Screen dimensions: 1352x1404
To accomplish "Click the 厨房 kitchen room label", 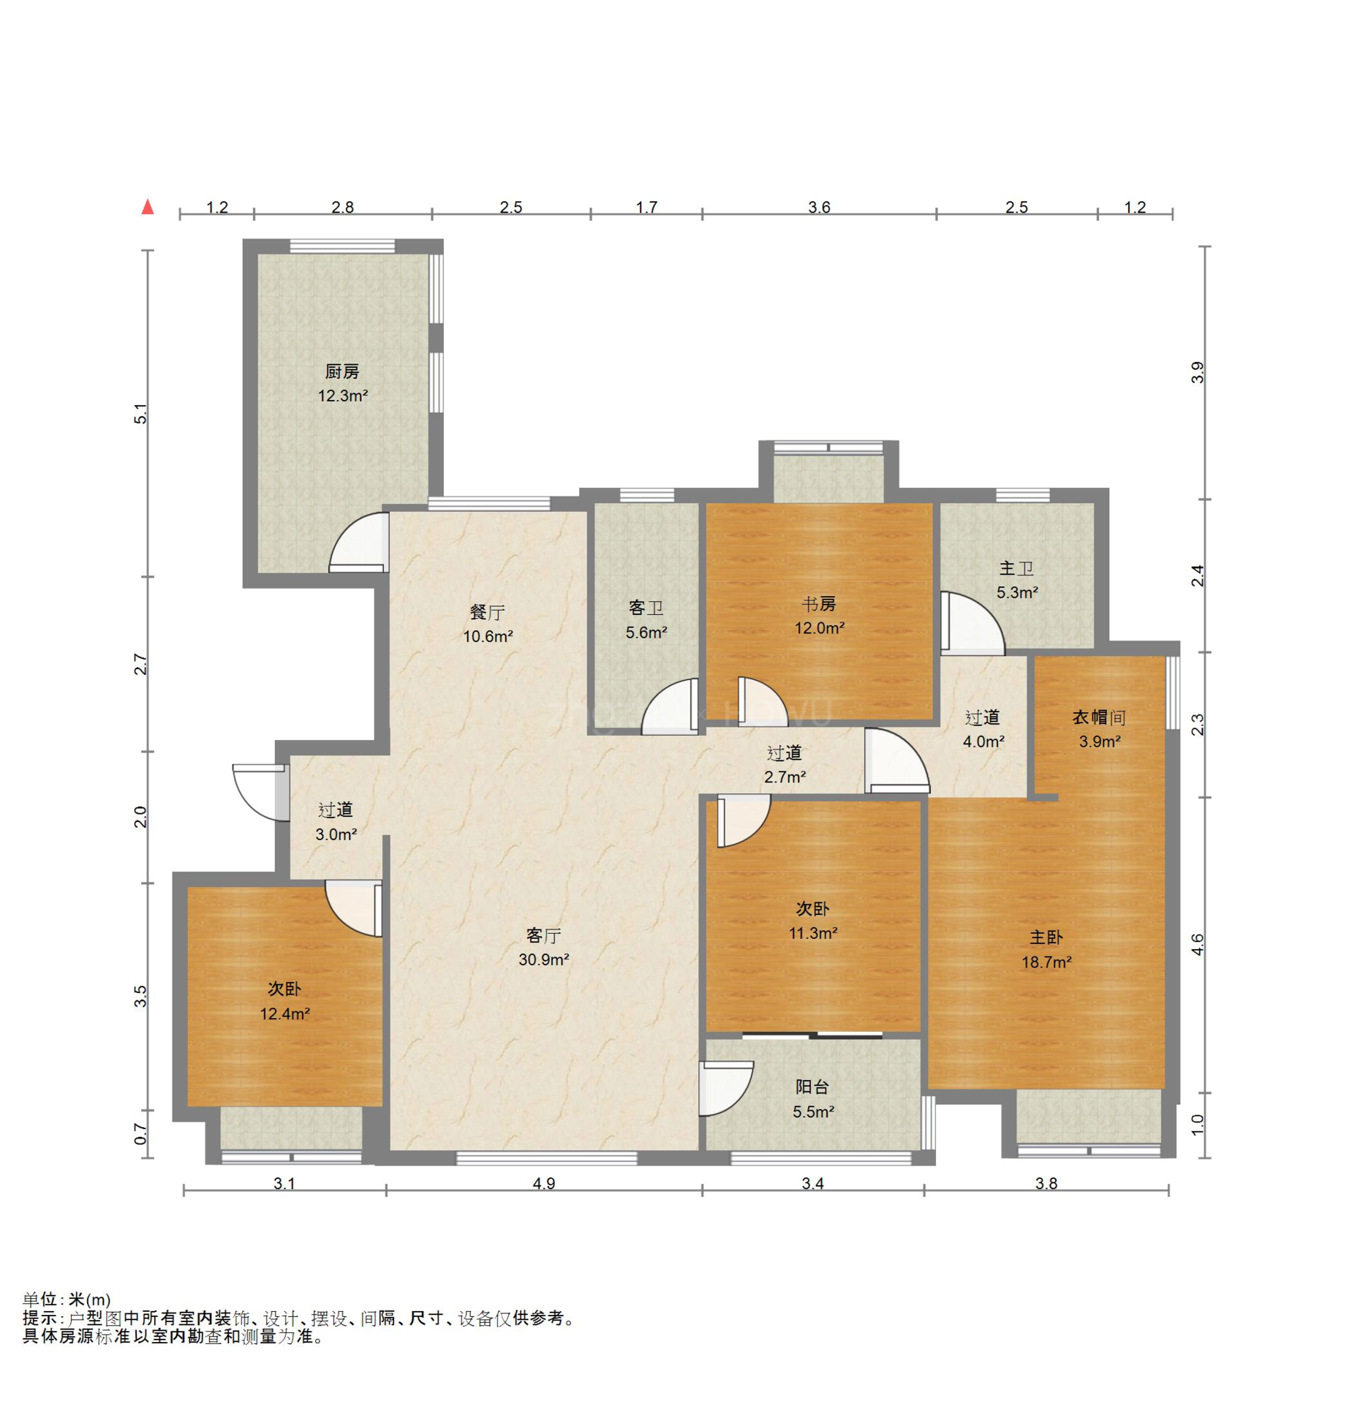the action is pyautogui.click(x=341, y=371).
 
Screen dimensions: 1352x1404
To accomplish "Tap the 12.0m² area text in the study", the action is pyautogui.click(x=820, y=628).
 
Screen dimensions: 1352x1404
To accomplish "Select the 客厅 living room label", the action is pyautogui.click(x=543, y=935).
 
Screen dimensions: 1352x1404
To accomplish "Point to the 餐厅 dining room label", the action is pyautogui.click(x=487, y=612).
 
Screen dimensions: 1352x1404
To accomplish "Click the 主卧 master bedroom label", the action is pyautogui.click(x=1046, y=937).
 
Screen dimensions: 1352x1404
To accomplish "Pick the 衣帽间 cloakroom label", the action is pyautogui.click(x=1099, y=717).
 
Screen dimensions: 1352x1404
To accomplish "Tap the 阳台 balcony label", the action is pyautogui.click(x=812, y=1087).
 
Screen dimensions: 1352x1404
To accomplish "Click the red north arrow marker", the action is pyautogui.click(x=148, y=207).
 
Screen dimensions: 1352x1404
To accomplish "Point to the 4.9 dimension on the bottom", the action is pyautogui.click(x=544, y=1183).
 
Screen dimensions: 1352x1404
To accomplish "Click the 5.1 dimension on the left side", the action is pyautogui.click(x=140, y=414).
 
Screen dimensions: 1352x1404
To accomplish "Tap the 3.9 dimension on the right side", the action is pyautogui.click(x=1197, y=373).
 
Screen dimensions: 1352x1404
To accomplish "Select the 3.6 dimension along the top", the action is pyautogui.click(x=819, y=208).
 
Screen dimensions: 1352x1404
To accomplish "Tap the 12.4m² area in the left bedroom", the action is pyautogui.click(x=285, y=1014).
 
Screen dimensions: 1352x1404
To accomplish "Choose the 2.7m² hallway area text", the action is pyautogui.click(x=785, y=777).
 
